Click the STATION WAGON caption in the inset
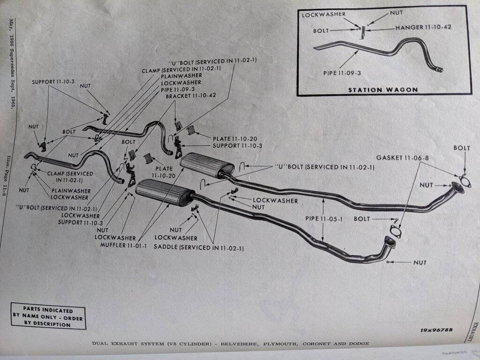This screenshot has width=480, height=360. (383, 90)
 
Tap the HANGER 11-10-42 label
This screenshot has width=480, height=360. (423, 28)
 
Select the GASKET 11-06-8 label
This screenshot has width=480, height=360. (402, 158)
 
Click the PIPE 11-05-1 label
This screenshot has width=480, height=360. (323, 219)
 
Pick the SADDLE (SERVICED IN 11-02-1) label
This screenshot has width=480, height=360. (199, 247)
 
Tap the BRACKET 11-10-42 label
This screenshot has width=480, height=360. (191, 96)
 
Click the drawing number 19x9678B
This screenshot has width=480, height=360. (436, 330)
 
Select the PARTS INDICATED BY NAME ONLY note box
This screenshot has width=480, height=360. (48, 316)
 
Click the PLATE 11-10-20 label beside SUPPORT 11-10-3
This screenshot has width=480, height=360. (235, 139)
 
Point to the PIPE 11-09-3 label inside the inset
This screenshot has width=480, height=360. (342, 73)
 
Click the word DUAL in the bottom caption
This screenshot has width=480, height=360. (98, 344)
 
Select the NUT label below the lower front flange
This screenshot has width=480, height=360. (420, 262)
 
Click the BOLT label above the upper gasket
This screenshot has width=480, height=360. (462, 148)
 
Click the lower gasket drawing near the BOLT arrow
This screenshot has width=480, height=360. (396, 232)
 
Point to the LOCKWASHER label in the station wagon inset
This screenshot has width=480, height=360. (323, 15)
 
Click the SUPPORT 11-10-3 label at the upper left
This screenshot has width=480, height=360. (53, 82)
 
